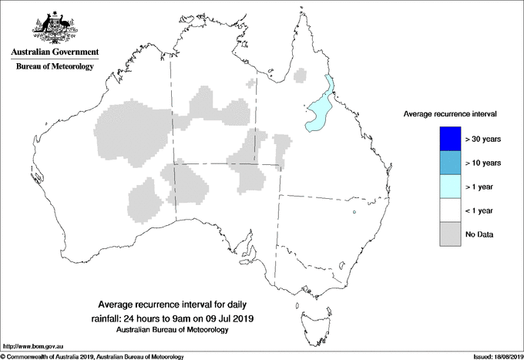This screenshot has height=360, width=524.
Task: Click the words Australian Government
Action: (x=54, y=52)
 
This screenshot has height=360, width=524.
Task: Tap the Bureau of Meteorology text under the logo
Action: (x=54, y=67)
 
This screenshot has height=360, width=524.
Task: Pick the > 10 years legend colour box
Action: (x=445, y=163)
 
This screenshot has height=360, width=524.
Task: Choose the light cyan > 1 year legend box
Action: (x=445, y=187)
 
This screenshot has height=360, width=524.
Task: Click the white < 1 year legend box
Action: (x=445, y=210)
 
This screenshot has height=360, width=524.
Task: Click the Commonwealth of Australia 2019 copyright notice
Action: (x=92, y=356)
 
